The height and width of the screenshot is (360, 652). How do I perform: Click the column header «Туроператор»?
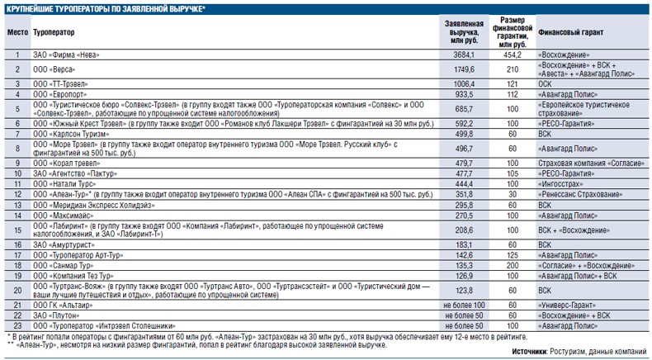pyautogui.click(x=54, y=32)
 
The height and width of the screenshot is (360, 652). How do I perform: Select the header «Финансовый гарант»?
pyautogui.click(x=570, y=32)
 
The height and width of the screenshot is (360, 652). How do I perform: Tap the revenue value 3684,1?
pyautogui.click(x=464, y=55)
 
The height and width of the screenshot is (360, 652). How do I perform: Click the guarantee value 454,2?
pyautogui.click(x=513, y=55)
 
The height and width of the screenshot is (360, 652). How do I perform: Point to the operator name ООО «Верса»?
pyautogui.click(x=54, y=69)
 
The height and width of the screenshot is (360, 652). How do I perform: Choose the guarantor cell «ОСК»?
pyautogui.click(x=545, y=84)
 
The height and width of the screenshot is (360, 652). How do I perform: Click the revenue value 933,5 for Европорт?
pyautogui.click(x=464, y=94)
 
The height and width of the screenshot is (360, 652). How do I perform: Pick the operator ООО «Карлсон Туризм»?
pyautogui.click(x=71, y=134)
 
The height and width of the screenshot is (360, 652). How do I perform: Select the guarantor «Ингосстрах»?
pyautogui.click(x=560, y=184)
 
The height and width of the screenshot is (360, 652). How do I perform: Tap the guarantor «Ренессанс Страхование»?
pyautogui.click(x=580, y=194)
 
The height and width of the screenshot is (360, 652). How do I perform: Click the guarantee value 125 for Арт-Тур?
pyautogui.click(x=513, y=255)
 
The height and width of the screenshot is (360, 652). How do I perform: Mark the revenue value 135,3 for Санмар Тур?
pyautogui.click(x=464, y=266)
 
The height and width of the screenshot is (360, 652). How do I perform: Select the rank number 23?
pyautogui.click(x=17, y=326)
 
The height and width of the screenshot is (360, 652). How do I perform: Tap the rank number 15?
pyautogui.click(x=17, y=230)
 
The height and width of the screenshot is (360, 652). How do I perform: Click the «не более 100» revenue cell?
pyautogui.click(x=464, y=305)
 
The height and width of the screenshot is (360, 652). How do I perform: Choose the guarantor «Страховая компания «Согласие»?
pyautogui.click(x=591, y=163)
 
